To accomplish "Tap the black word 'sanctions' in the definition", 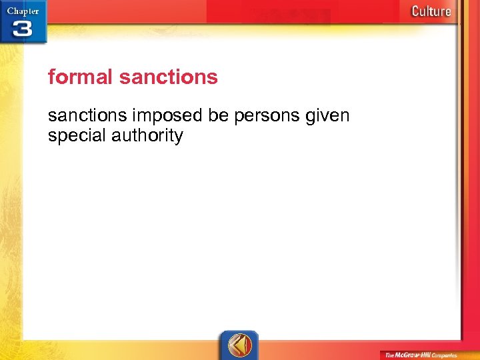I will (88, 116).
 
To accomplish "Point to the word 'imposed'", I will (168, 117).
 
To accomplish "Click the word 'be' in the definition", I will (218, 116).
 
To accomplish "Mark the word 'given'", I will (327, 117).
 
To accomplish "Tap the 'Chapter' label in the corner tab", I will (23, 11).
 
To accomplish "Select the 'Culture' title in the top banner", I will (431, 11).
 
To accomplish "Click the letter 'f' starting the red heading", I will (51, 77).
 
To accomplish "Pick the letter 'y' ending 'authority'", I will (178, 138).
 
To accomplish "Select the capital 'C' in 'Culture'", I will (416, 11).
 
